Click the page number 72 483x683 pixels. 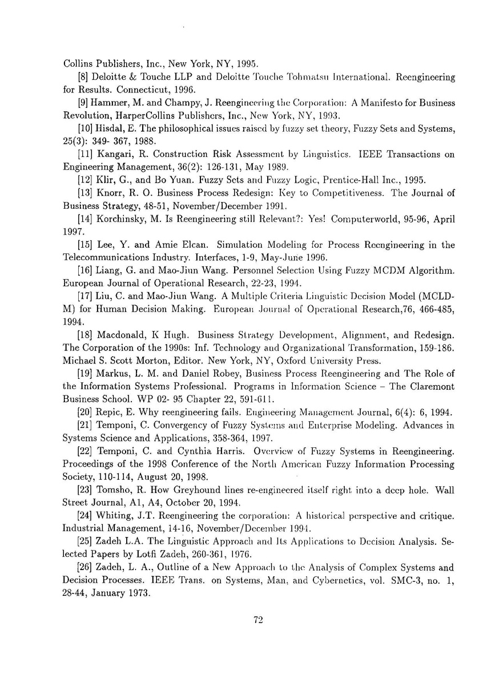click(x=257, y=621)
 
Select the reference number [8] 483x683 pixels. click(x=83, y=76)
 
